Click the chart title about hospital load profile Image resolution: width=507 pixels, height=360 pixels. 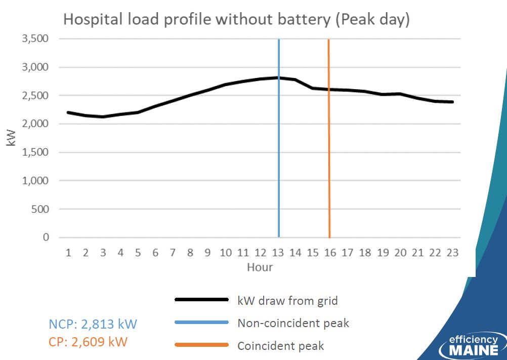click(x=237, y=19)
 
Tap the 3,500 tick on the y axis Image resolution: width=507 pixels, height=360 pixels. click(x=35, y=38)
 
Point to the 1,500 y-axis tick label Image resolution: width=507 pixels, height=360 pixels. click(x=35, y=152)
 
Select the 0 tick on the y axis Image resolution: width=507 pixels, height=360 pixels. click(x=46, y=237)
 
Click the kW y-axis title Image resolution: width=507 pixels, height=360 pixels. click(x=11, y=138)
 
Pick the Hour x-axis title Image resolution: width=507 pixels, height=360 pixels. click(x=260, y=267)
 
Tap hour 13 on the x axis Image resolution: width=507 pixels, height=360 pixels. click(x=278, y=252)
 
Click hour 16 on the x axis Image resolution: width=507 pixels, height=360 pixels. click(x=330, y=252)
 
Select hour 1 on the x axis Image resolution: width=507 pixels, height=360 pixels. click(x=68, y=252)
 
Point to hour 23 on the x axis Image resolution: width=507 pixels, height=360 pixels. click(x=452, y=252)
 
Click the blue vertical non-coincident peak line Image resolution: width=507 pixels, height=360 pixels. click(x=279, y=138)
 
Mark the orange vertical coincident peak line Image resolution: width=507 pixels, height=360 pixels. click(x=329, y=138)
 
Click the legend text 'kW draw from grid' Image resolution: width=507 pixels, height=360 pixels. click(x=287, y=301)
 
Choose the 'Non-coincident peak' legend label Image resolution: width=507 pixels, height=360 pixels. click(x=293, y=323)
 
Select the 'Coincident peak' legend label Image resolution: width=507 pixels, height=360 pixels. click(x=281, y=346)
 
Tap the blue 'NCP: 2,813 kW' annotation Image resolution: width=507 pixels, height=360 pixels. click(x=93, y=324)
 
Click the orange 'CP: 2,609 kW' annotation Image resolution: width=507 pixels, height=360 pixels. click(x=88, y=342)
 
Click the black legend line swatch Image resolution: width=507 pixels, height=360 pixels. click(x=201, y=300)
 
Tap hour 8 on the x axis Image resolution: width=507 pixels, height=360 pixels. click(x=190, y=252)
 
